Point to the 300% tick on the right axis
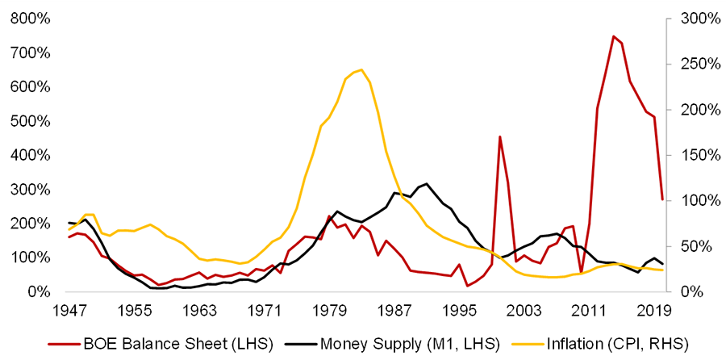point(696,19)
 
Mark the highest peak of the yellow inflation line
point(361,69)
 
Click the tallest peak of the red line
point(613,36)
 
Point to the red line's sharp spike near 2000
point(500,136)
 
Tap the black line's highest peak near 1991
point(426,183)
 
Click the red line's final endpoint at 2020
point(662,199)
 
